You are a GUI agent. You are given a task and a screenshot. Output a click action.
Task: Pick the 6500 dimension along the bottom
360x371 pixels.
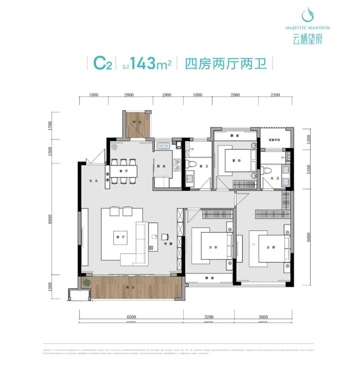tap(131, 317)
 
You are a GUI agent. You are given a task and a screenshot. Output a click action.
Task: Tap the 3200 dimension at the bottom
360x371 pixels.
tap(209, 317)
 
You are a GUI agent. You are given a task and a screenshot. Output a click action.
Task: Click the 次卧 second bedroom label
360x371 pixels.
tap(213, 247)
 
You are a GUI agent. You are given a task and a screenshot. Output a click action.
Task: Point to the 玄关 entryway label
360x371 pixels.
tap(92, 180)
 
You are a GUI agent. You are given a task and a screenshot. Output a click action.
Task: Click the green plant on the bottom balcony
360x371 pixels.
tap(85, 282)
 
